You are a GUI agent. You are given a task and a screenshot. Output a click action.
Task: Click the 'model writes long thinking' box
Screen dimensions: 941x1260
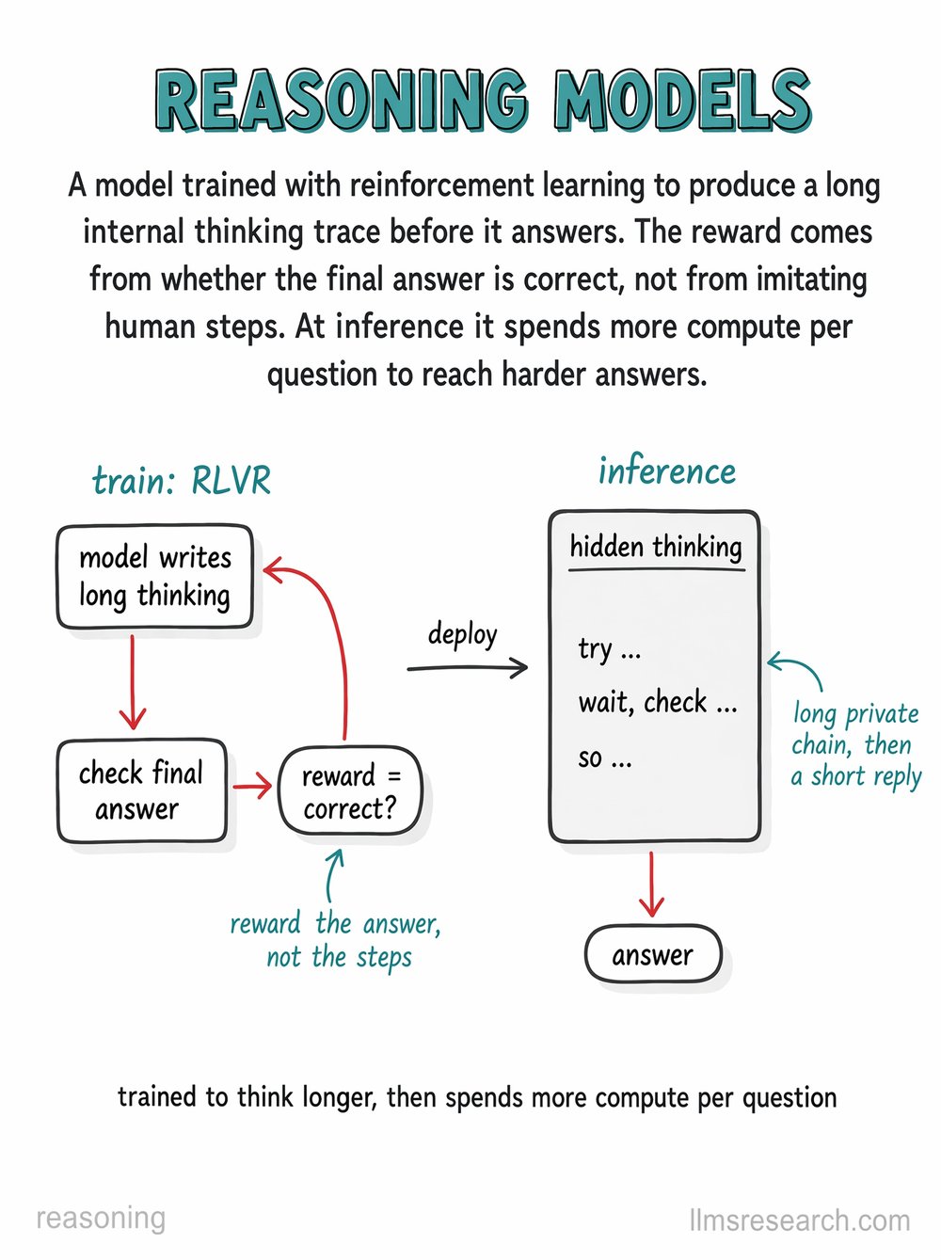(x=154, y=576)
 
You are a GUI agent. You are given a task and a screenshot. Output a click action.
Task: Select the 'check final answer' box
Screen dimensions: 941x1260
(x=142, y=790)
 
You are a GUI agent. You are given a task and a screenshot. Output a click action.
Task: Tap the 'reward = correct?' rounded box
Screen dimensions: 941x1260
(x=350, y=791)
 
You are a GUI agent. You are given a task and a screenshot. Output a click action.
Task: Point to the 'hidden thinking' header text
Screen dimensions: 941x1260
(x=656, y=546)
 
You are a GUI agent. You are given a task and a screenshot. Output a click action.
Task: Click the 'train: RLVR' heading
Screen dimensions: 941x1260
(x=181, y=480)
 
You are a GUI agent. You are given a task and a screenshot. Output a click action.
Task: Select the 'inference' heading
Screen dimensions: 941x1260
(x=667, y=471)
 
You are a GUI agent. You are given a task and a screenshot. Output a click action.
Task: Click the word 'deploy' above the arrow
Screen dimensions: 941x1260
(x=462, y=635)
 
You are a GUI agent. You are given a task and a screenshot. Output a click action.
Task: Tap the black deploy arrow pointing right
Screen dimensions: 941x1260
(x=467, y=667)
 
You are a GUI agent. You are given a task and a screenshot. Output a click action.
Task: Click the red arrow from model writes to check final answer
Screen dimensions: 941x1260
(x=133, y=682)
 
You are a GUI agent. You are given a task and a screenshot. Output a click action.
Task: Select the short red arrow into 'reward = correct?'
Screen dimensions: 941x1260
(x=252, y=786)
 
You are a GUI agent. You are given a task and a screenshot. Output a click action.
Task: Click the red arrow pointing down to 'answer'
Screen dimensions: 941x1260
(x=652, y=885)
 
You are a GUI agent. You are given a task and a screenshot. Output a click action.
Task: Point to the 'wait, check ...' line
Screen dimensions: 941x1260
(x=658, y=703)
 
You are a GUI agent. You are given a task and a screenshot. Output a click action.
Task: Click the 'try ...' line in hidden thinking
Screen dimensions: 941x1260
(x=609, y=649)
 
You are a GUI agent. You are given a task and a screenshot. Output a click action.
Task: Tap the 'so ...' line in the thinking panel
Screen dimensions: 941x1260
(x=605, y=758)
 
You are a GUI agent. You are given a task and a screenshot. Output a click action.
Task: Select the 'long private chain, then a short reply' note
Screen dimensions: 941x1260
(x=856, y=745)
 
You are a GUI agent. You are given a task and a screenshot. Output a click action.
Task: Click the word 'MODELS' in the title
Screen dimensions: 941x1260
(x=681, y=101)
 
